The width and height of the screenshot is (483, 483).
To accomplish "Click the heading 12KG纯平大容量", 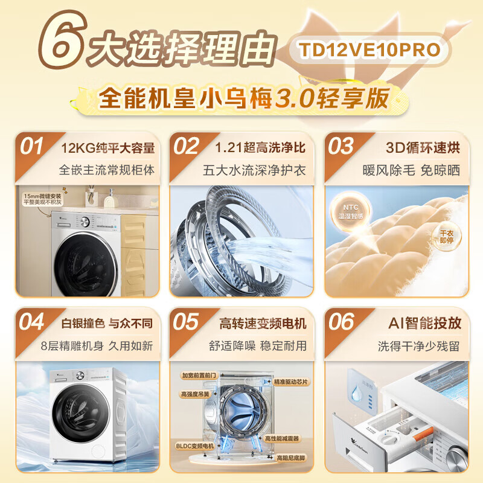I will (108, 148).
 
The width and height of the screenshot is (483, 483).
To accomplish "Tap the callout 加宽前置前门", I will (199, 375).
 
